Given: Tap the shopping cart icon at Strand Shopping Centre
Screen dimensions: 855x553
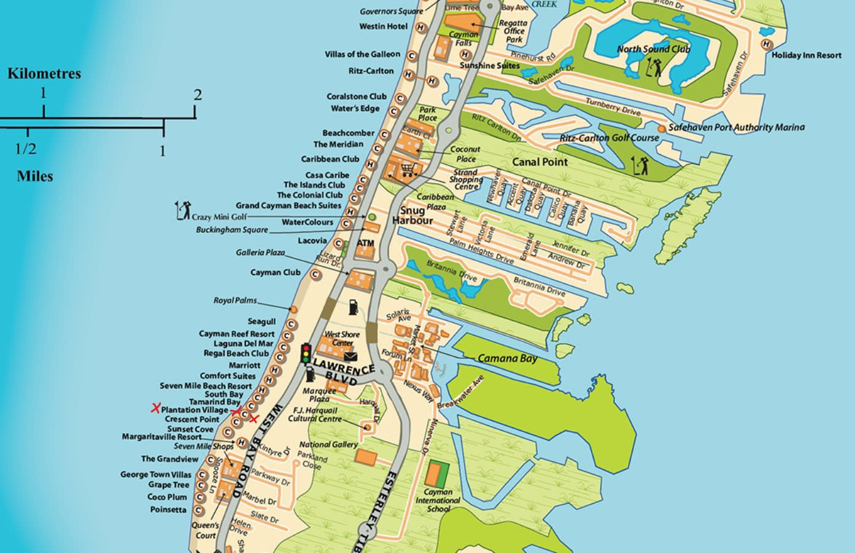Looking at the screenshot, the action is click(x=407, y=170).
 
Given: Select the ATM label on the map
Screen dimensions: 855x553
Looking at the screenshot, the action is click(x=365, y=243).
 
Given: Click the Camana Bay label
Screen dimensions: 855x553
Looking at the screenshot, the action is click(x=507, y=359).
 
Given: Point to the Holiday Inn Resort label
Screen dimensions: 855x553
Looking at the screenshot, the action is click(x=807, y=55).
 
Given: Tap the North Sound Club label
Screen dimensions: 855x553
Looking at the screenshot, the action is click(x=654, y=49).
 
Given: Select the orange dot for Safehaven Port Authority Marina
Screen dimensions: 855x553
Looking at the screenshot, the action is click(x=661, y=128).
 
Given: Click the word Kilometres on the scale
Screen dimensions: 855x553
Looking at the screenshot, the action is click(x=44, y=73).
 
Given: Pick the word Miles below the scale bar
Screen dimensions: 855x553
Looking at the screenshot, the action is click(x=34, y=176).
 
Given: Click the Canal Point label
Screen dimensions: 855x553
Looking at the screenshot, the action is click(x=541, y=162).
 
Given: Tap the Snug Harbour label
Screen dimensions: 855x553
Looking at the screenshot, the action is click(x=412, y=216).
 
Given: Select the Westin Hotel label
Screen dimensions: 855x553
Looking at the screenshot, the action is click(x=384, y=26).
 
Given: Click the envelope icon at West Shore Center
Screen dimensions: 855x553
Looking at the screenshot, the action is click(x=350, y=356).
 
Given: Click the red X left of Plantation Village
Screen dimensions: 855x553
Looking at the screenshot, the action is click(x=156, y=407).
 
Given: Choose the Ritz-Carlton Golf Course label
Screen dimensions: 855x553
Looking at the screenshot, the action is click(x=609, y=138).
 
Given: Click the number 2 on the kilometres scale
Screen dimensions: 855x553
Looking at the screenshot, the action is click(x=197, y=95).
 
